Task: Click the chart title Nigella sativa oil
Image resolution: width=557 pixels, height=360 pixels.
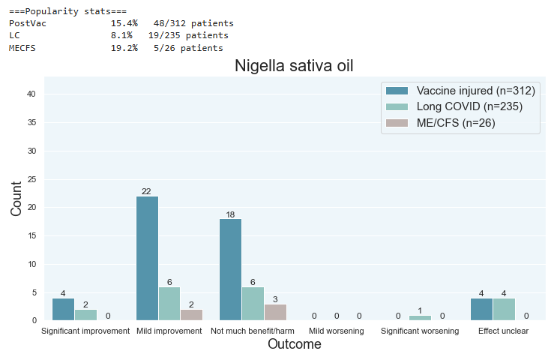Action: pos(294,66)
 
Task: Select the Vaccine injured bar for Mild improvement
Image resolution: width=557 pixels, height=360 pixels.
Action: pos(147,258)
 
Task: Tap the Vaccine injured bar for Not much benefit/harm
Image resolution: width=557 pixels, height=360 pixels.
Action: pos(231,269)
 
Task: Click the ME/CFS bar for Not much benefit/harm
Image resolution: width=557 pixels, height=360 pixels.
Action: pos(275,312)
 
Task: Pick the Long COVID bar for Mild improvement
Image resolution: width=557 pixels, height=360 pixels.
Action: pos(169,303)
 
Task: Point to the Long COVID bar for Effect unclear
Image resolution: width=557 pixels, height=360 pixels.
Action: pos(505,309)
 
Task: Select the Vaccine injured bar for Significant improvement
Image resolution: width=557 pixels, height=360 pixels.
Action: pos(63,309)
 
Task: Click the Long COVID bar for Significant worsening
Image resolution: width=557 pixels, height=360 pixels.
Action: pos(421,318)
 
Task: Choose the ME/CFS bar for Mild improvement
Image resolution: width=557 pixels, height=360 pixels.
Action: pos(191,315)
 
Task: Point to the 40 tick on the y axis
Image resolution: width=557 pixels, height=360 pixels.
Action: pos(32,94)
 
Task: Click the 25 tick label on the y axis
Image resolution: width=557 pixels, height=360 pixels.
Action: pos(32,179)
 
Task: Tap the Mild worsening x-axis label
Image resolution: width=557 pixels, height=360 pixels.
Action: pos(337,331)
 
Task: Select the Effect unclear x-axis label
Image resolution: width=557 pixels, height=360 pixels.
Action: pos(504,331)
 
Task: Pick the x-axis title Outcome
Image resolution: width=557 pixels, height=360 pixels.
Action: pos(294,345)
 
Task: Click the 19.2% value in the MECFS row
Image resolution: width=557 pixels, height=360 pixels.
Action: pos(124,48)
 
